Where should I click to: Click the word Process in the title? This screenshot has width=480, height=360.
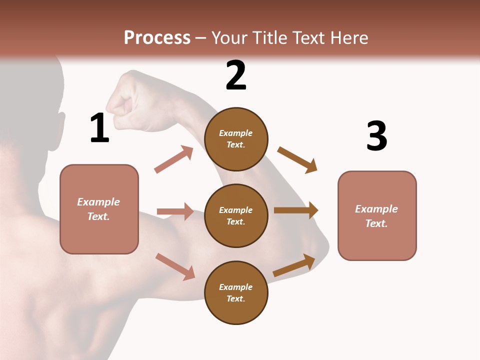[157, 37]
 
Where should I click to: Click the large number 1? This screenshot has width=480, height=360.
[99, 128]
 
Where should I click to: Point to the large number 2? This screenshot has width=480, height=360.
[236, 75]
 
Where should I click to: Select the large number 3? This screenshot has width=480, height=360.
[376, 136]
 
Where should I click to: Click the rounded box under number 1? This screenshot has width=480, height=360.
[99, 209]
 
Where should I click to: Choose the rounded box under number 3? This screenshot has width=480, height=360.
[377, 215]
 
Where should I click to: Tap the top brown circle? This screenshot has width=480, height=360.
[236, 139]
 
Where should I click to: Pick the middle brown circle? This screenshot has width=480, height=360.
[236, 215]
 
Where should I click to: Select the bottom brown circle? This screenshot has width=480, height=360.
[236, 292]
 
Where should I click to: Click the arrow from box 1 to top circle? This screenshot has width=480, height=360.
[174, 159]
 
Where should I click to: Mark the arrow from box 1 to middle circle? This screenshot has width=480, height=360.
[175, 211]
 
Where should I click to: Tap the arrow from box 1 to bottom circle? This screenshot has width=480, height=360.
[175, 266]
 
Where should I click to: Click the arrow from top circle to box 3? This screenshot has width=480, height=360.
[297, 159]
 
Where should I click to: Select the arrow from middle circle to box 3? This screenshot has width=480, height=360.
[296, 210]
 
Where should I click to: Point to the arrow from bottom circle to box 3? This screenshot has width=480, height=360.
[294, 265]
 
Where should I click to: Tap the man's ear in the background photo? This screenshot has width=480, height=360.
[60, 121]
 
